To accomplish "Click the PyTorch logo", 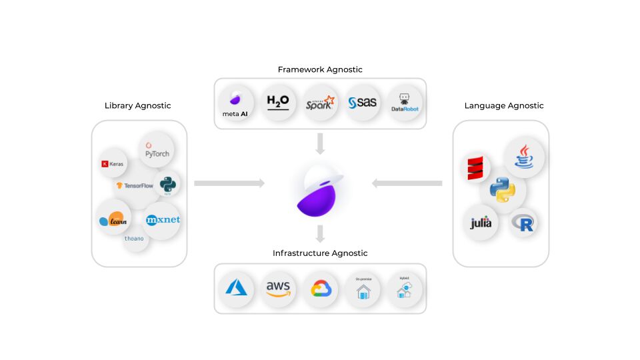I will [157, 149].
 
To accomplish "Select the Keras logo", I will [112, 163].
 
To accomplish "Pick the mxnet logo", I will [162, 220].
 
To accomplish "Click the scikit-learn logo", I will [112, 219].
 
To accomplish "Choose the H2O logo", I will [278, 102].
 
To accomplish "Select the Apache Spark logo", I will [320, 103].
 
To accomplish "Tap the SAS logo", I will [363, 103].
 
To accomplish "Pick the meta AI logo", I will [235, 103].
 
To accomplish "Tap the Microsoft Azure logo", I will [236, 288].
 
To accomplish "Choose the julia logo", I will [481, 223].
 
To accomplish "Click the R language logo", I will [523, 223].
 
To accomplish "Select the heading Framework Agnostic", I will [320, 69].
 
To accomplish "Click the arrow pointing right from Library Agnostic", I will [229, 183].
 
